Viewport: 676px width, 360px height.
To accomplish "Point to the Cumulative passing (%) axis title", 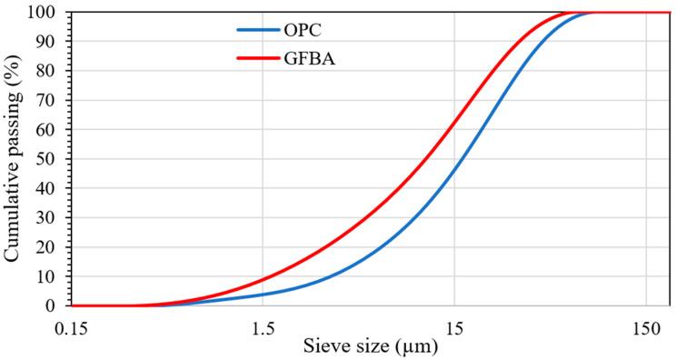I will [x=14, y=159].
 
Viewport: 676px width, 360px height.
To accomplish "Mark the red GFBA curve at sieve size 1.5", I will [x=263, y=280].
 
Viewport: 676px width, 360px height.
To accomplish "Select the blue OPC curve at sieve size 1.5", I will [x=263, y=295].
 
